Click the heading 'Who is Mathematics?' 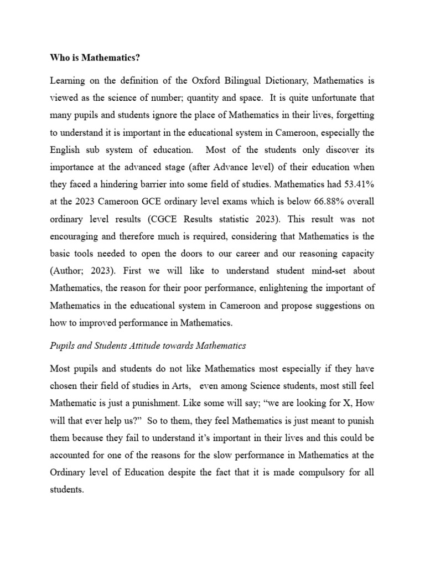92,57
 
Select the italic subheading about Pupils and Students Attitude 148,346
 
